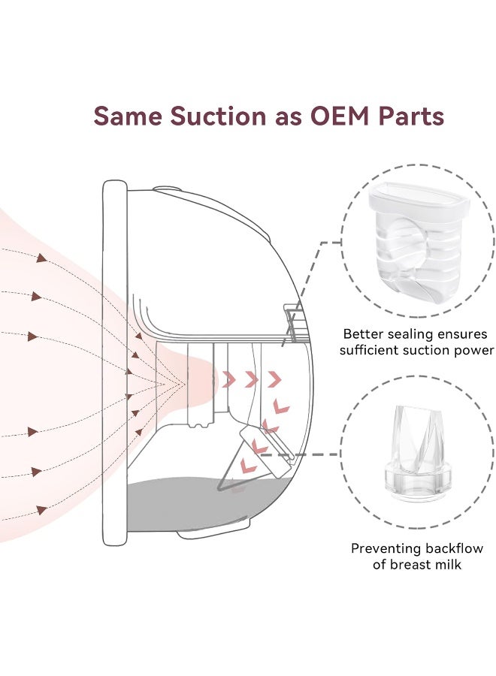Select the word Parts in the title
pyautogui.click(x=410, y=116)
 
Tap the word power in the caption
pyautogui.click(x=473, y=350)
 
